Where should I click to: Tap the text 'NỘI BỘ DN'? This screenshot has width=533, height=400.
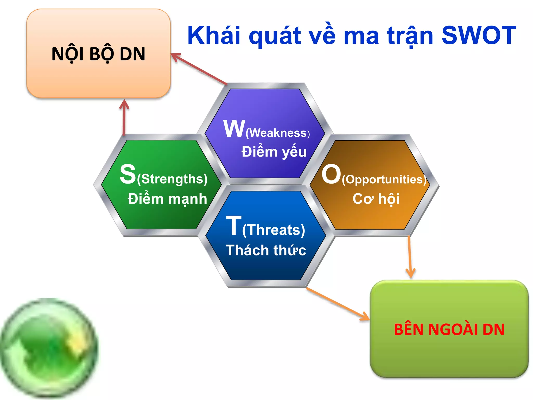tap(98, 54)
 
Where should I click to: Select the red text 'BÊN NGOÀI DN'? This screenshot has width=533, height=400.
tap(449, 329)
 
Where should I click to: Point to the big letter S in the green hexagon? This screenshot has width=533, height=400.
tap(128, 174)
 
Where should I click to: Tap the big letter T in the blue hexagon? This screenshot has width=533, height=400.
tap(233, 226)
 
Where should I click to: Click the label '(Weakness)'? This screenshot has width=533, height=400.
tap(277, 133)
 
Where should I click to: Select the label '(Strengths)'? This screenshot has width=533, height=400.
tap(172, 179)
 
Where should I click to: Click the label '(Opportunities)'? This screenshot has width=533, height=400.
tap(384, 179)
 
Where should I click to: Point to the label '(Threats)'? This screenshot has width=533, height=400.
tap(274, 230)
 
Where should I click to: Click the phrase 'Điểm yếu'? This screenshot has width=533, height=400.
tap(274, 152)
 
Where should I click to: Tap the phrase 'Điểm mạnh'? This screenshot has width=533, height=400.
tap(167, 199)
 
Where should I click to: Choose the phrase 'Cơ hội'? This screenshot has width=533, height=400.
tap(376, 199)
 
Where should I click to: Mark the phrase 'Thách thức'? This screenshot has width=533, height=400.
tap(266, 250)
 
